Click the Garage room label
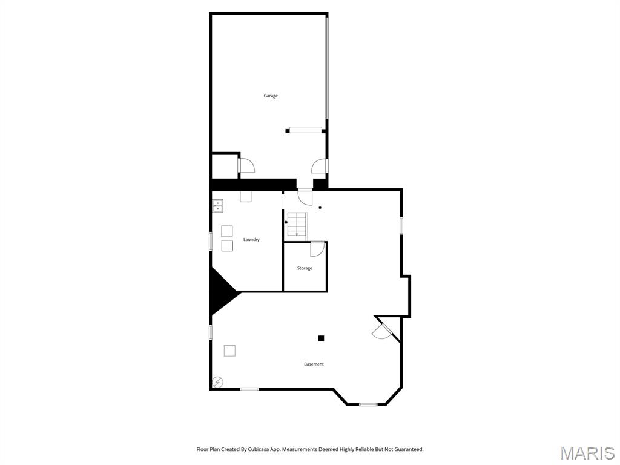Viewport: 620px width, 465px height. tap(271, 96)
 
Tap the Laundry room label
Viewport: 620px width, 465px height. tap(251, 240)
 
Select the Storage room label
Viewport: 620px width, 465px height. tap(305, 268)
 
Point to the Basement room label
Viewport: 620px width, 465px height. tap(314, 364)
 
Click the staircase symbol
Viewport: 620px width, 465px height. tap(297, 224)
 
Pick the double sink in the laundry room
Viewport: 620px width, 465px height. tap(217, 206)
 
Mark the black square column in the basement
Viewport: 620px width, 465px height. tap(322, 338)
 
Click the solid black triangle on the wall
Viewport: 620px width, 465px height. tap(222, 292)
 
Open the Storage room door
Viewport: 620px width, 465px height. tap(317, 249)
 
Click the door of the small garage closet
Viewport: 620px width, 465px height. tap(246, 165)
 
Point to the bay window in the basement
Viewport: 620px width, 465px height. tap(368, 404)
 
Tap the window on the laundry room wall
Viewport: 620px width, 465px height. tap(211, 241)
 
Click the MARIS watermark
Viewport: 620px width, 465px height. tap(587, 453)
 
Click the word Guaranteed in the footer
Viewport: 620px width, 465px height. tap(406, 449)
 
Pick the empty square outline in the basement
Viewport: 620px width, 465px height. tap(229, 350)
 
